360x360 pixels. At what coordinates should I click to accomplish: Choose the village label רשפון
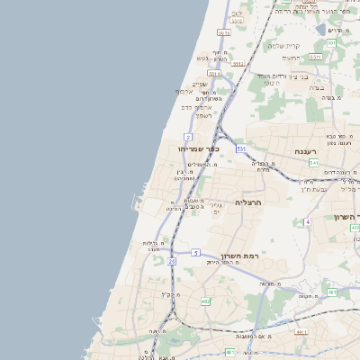tap(203, 116)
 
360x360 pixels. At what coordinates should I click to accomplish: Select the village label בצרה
tap(316, 86)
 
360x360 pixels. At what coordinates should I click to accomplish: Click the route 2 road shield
tap(187, 136)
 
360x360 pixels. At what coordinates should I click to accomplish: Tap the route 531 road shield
tap(241, 148)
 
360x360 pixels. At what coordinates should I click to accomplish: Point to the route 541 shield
tap(313, 163)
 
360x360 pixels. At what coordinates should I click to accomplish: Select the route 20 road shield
tap(171, 261)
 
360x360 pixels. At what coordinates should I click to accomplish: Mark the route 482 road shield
tap(205, 301)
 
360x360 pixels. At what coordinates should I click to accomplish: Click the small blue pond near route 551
tap(321, 30)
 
